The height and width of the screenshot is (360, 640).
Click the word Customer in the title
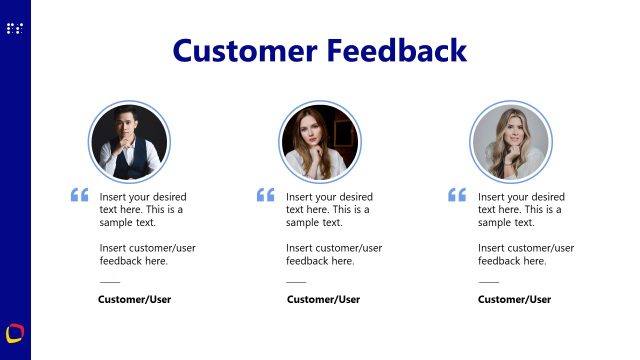[247, 50]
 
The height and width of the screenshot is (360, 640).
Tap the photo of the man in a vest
[128, 142]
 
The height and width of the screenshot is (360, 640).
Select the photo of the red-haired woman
[320, 142]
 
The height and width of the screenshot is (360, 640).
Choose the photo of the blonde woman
[511, 142]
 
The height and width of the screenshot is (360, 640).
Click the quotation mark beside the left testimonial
[80, 195]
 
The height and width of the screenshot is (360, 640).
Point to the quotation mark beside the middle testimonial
[266, 195]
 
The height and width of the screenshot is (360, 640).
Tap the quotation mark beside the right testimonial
[457, 195]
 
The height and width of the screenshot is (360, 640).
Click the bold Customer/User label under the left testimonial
[135, 299]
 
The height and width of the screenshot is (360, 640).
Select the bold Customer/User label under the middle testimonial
[323, 299]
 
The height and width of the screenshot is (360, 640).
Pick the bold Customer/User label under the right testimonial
[514, 299]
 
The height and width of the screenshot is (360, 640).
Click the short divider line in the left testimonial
[109, 281]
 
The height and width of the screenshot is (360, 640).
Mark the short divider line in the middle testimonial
[296, 281]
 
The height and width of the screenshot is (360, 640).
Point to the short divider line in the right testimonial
[488, 281]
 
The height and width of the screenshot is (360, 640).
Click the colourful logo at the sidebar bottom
[15, 332]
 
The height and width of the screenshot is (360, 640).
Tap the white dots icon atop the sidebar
[14, 28]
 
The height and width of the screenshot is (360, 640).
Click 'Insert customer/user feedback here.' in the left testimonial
[141, 254]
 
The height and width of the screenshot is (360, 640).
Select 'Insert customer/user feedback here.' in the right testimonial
[525, 254]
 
